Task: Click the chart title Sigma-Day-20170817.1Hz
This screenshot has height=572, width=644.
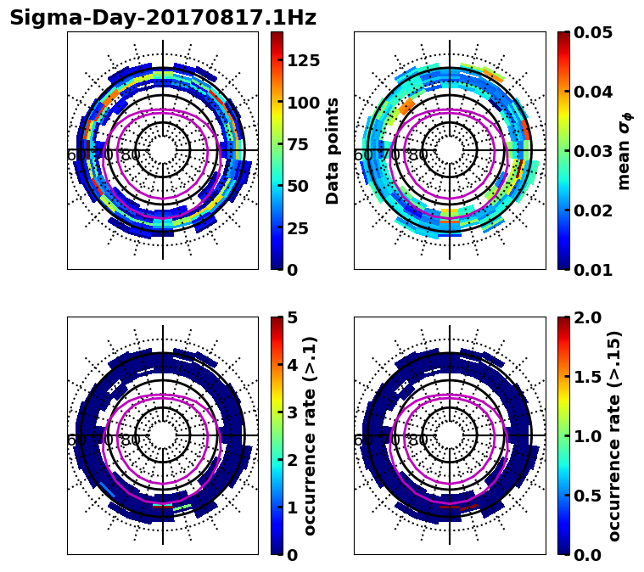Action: (x=163, y=18)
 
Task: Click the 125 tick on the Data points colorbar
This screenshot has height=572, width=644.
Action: (x=303, y=60)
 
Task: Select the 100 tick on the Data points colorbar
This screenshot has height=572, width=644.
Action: (x=303, y=103)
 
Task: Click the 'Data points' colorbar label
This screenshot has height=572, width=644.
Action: (x=333, y=151)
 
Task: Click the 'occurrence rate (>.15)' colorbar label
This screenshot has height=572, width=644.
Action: (x=614, y=436)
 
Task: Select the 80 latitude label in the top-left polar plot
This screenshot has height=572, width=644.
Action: (x=130, y=155)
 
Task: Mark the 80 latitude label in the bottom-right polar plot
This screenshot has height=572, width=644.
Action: (x=417, y=440)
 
